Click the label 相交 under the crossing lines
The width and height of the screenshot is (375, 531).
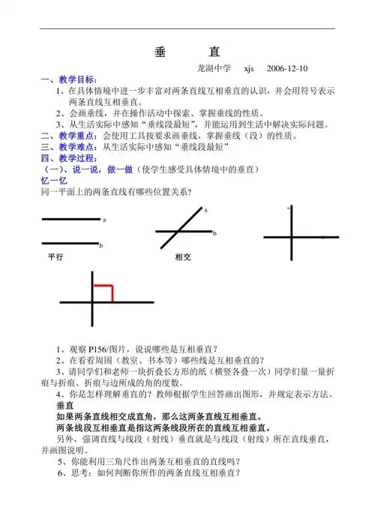[x=184, y=256]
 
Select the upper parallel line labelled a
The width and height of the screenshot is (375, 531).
[x=70, y=219]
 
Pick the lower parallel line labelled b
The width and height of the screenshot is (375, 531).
[x=70, y=243]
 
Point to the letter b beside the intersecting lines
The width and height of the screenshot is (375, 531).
[x=214, y=233]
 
